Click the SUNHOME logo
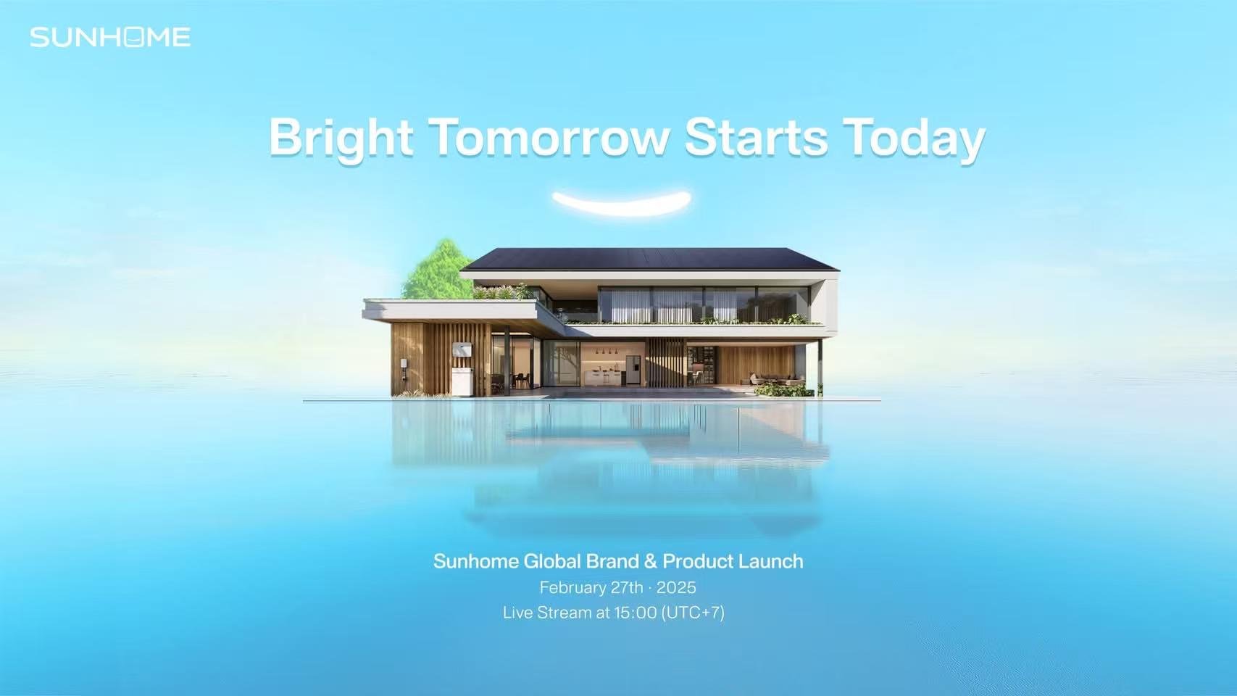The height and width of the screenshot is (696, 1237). point(110,38)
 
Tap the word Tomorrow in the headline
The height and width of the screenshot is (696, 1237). point(549,137)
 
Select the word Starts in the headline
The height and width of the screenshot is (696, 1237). point(756,137)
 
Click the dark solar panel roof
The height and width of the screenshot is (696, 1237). point(650,259)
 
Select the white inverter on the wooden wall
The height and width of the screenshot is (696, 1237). point(462,350)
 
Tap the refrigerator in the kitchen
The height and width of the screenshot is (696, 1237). point(633,370)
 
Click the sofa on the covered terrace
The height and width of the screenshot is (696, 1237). point(776,379)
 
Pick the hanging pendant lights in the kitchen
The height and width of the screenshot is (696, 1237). point(606,350)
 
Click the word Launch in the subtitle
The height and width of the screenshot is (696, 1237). point(770,561)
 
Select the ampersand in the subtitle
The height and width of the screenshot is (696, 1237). point(651,561)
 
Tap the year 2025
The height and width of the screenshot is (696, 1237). point(676,587)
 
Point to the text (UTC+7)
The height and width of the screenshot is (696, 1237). point(693,613)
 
